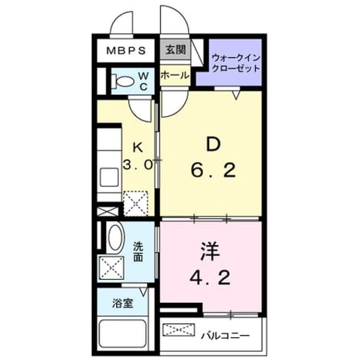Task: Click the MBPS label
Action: (126, 51)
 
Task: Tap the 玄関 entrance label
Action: (175, 49)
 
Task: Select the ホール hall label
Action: (175, 75)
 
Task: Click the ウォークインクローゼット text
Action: (236, 63)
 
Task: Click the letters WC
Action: (144, 81)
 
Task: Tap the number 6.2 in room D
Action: (213, 170)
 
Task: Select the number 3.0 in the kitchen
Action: (138, 165)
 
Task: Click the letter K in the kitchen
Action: (138, 147)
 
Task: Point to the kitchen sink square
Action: (109, 177)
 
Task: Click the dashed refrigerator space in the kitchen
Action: (135, 203)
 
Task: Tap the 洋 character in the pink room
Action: (210, 252)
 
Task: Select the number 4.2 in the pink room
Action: (210, 278)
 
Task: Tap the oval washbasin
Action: (115, 237)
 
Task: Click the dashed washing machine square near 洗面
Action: (111, 267)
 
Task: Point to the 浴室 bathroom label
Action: (123, 303)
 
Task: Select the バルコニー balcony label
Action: (225, 336)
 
